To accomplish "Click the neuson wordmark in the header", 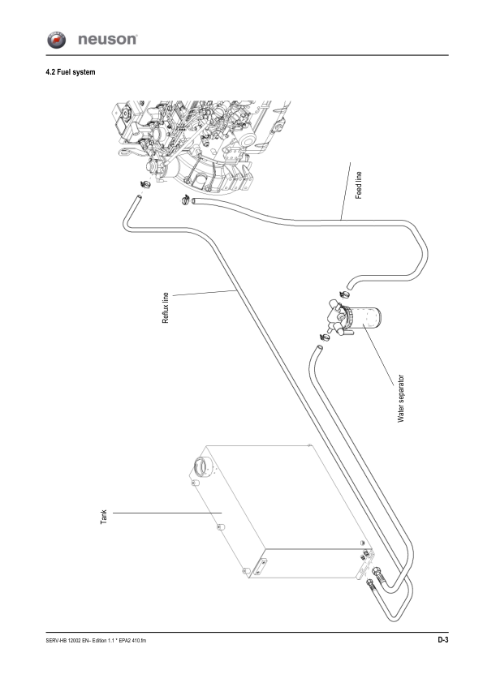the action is point(107,39).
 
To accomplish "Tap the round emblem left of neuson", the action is point(56,40).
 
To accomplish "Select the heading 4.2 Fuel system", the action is point(70,72).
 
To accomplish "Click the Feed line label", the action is point(358,185).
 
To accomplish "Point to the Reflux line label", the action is point(166,307).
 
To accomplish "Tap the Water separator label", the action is point(401,398).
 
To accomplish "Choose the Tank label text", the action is point(104,517).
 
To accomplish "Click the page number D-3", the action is point(443,639).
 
